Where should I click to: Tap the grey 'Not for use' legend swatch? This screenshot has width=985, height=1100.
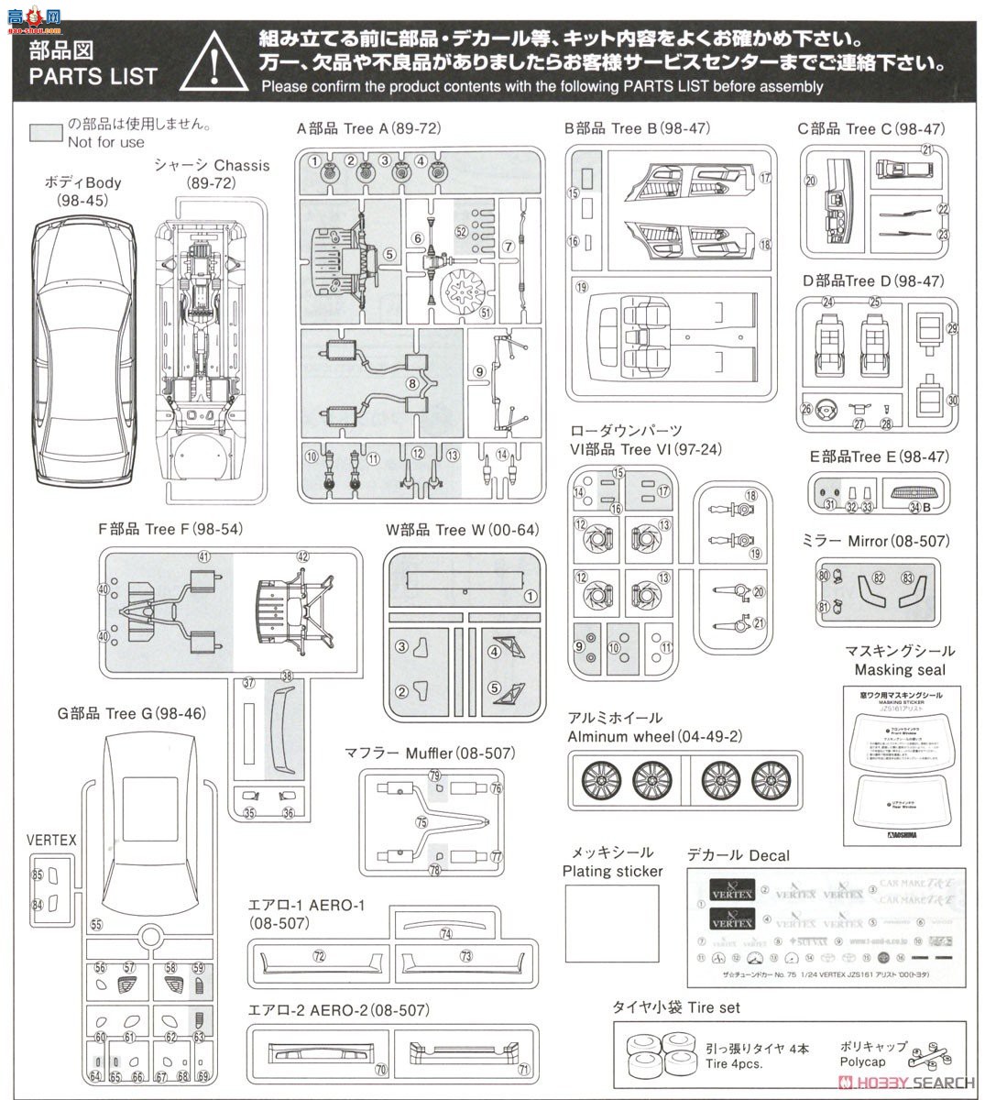(x=45, y=133)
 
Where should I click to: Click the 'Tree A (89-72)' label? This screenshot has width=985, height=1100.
(x=368, y=129)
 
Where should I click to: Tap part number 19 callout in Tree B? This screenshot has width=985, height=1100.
(x=581, y=286)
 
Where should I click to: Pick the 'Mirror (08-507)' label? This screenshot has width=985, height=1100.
(x=899, y=541)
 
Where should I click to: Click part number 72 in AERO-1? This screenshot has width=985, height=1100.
(x=319, y=956)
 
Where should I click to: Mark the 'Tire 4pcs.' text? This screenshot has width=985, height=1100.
(x=733, y=1064)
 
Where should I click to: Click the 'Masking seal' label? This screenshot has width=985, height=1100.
(x=900, y=670)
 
